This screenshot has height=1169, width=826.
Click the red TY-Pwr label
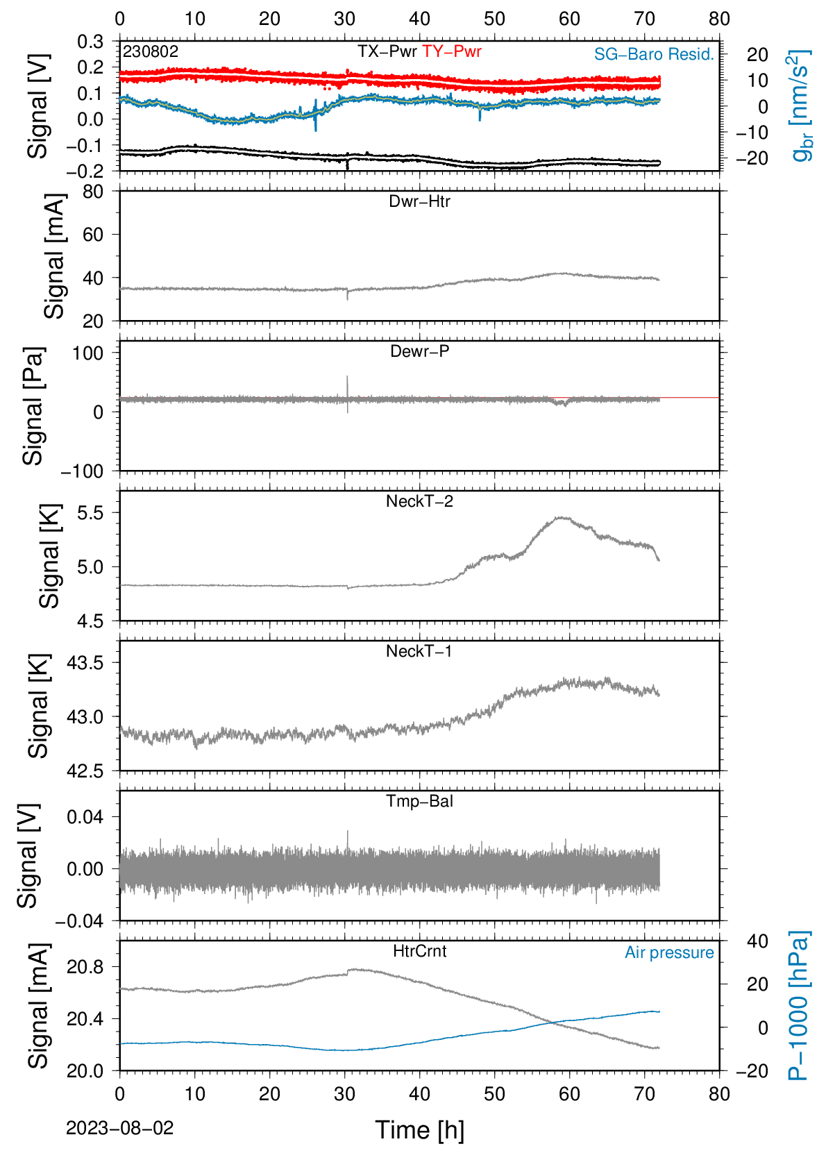(x=451, y=51)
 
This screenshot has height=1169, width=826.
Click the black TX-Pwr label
(x=387, y=51)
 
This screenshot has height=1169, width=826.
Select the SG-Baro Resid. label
(x=654, y=54)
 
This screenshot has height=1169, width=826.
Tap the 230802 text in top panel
(x=151, y=51)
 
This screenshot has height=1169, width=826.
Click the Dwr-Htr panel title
(x=419, y=201)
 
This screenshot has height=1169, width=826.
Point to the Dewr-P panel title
(x=419, y=351)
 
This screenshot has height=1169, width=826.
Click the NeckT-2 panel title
(x=419, y=501)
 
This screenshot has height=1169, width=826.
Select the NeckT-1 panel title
(x=419, y=650)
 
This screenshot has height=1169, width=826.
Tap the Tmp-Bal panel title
(x=419, y=800)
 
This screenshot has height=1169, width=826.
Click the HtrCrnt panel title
(x=419, y=951)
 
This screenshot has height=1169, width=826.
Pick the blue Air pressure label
(x=669, y=953)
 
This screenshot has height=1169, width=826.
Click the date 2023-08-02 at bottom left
(x=119, y=1128)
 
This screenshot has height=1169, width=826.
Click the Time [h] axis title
(x=419, y=1130)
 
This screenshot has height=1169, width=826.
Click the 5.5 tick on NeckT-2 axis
(x=90, y=513)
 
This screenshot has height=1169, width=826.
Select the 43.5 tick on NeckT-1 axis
(x=85, y=663)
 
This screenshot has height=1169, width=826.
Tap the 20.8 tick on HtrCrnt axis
(x=85, y=967)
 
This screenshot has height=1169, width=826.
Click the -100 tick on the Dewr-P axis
(x=83, y=471)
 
